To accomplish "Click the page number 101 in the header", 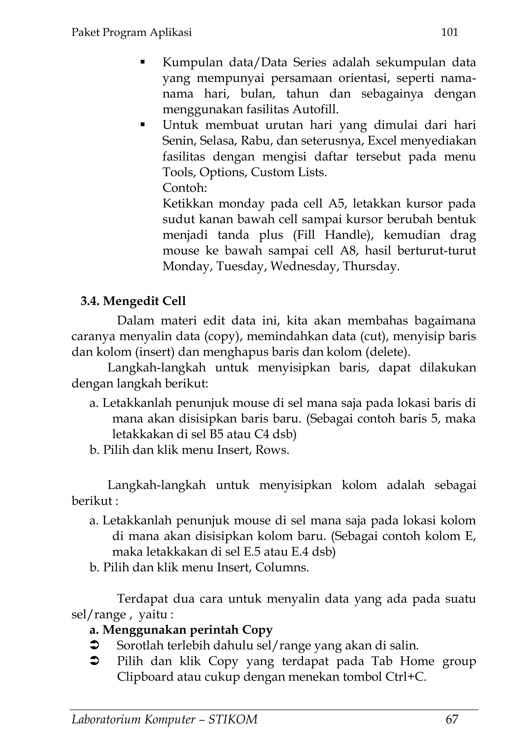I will pos(450,32).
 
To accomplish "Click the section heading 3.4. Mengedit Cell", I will pos(133,301).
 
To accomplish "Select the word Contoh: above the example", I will pos(185,188).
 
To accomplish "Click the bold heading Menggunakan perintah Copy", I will pos(187,630).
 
